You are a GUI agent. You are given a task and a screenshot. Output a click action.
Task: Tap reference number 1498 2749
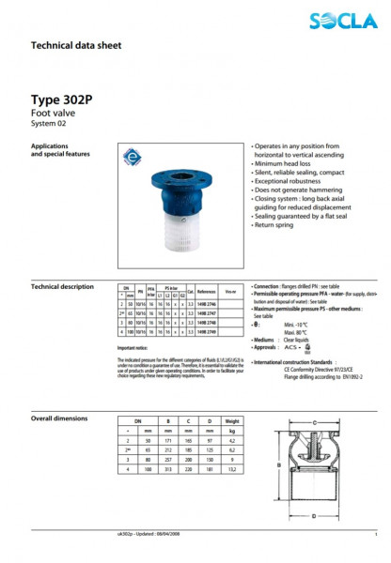[x=207, y=331]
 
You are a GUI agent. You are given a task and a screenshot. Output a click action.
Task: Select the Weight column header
[x=233, y=423]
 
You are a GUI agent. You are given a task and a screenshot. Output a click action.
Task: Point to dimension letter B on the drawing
[x=279, y=464]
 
